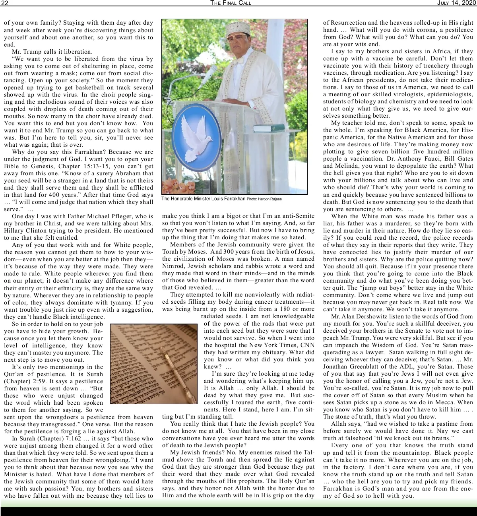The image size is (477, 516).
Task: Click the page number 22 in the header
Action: [x=4, y=3]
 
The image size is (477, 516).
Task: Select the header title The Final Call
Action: [x=231, y=3]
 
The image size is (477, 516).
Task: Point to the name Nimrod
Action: [x=171, y=266]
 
